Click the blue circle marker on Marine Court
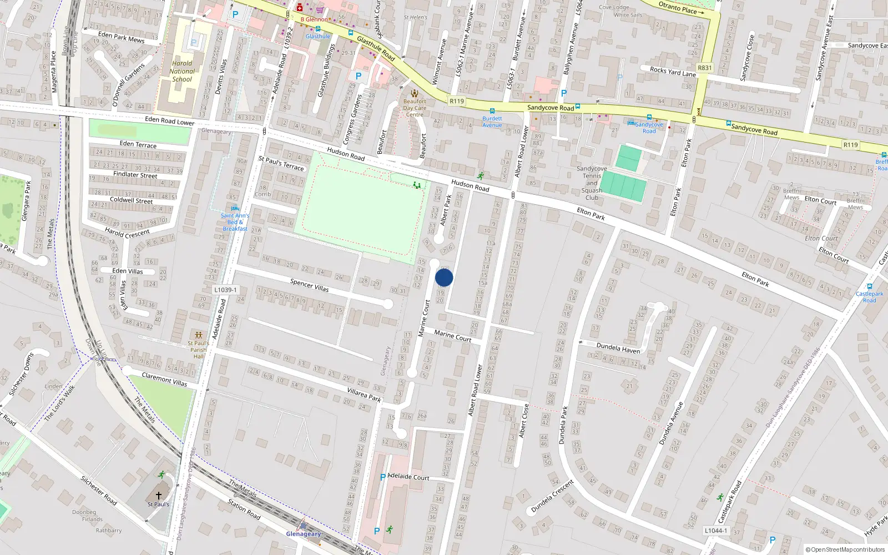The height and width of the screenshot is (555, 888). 444,277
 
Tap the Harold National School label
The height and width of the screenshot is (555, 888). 182,71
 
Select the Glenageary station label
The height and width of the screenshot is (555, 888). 303,534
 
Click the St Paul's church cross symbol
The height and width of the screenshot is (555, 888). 159,496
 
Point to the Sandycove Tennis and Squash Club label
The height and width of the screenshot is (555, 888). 592,183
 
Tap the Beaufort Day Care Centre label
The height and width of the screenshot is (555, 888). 415,108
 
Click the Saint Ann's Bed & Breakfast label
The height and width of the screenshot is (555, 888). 235,222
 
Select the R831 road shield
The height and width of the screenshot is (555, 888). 704,68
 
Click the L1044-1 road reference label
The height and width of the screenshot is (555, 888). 716,531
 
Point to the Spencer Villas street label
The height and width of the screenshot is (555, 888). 309,285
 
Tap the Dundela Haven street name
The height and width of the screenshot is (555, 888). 618,348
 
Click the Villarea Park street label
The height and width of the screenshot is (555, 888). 364,395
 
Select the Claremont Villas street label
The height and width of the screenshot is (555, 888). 164,380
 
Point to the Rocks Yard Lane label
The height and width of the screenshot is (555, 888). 673,72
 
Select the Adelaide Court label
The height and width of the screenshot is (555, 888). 408,477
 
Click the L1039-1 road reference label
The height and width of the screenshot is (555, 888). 225,290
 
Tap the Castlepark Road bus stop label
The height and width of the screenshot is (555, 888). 869,297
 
